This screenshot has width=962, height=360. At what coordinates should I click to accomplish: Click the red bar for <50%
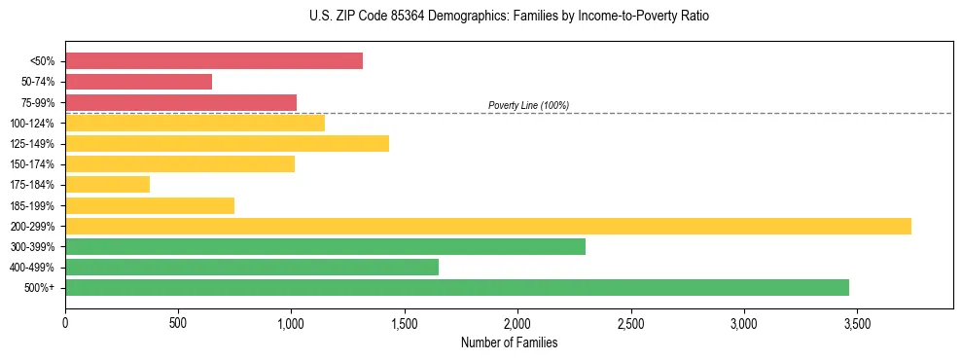(214, 60)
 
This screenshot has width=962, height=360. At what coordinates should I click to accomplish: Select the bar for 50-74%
(138, 82)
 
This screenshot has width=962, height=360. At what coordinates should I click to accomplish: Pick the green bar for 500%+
(457, 287)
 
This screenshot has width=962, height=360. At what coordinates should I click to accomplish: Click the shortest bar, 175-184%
(107, 184)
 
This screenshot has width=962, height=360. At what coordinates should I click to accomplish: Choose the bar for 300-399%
(325, 246)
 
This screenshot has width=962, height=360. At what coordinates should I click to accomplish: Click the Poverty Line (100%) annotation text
(528, 105)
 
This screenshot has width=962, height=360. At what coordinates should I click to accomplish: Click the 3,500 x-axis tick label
(857, 321)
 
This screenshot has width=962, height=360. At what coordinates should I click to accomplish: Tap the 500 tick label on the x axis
(178, 321)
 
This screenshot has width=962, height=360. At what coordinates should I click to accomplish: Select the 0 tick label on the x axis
(65, 321)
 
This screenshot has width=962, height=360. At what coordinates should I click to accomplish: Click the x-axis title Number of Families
(509, 342)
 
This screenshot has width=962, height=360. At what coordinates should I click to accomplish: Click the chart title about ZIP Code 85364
(509, 17)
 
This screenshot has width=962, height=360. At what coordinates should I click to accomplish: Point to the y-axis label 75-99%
(37, 102)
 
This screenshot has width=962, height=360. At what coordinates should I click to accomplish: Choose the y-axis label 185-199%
(34, 205)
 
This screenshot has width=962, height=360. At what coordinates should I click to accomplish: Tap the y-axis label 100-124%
(34, 123)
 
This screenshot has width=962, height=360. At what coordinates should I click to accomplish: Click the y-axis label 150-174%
(34, 163)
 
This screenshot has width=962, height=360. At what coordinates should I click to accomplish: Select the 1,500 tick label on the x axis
(405, 321)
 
